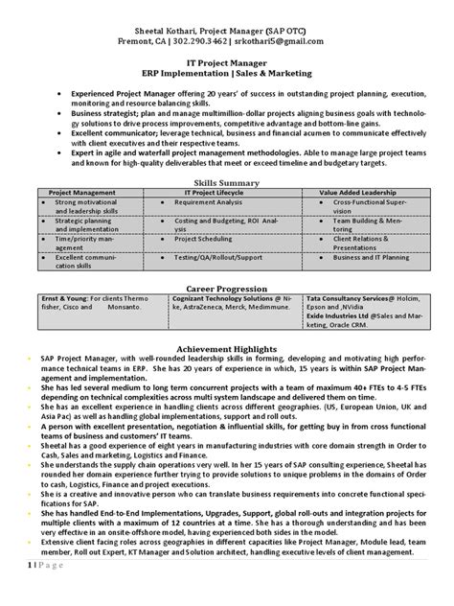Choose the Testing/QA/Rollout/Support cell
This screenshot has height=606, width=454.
click(x=218, y=258)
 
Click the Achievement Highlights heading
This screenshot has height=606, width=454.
click(x=227, y=349)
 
